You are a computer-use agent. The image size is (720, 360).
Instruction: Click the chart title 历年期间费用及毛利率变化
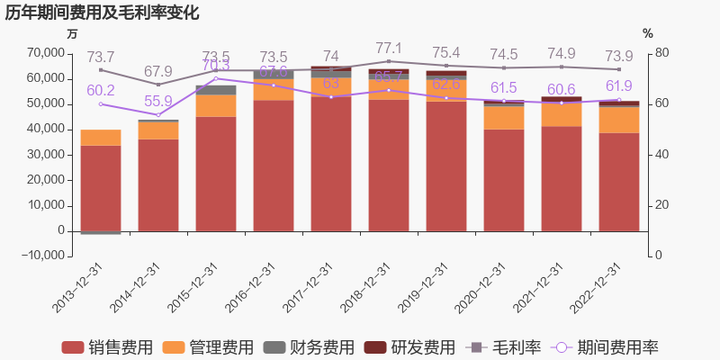(x=102, y=13)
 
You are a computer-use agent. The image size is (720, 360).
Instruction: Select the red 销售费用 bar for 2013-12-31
(x=101, y=188)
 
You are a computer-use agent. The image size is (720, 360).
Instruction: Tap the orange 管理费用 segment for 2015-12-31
(x=216, y=105)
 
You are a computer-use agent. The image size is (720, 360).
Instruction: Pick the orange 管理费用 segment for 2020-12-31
(x=504, y=118)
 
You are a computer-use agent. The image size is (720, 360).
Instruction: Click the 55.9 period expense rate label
(x=158, y=102)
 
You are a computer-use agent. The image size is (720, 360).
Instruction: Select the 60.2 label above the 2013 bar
(x=101, y=90)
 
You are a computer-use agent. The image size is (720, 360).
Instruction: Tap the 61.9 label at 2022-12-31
(x=619, y=86)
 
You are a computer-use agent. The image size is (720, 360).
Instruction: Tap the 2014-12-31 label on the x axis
(x=135, y=287)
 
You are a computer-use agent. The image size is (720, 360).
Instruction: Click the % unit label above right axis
(x=648, y=33)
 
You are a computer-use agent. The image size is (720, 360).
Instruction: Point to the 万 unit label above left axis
(x=73, y=33)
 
